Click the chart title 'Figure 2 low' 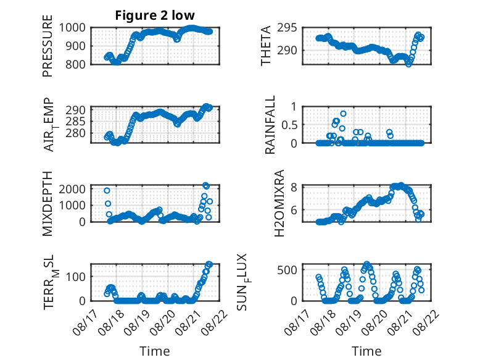point(155,15)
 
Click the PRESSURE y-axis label point(48,46)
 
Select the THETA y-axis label point(266,46)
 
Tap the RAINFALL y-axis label point(270,125)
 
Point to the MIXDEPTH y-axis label point(48,204)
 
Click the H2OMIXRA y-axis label point(279,203)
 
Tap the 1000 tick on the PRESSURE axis point(72,28)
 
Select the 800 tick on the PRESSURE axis point(76,64)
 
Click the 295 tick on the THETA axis point(287,28)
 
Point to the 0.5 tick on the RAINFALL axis point(289,125)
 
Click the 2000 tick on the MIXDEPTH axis point(72,189)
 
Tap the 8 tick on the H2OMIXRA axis point(294,187)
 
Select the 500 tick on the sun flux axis point(287,270)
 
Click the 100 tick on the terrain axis point(76,277)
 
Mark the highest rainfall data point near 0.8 point(343,114)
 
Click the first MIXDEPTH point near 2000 point(107,191)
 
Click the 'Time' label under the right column point(366,351)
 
